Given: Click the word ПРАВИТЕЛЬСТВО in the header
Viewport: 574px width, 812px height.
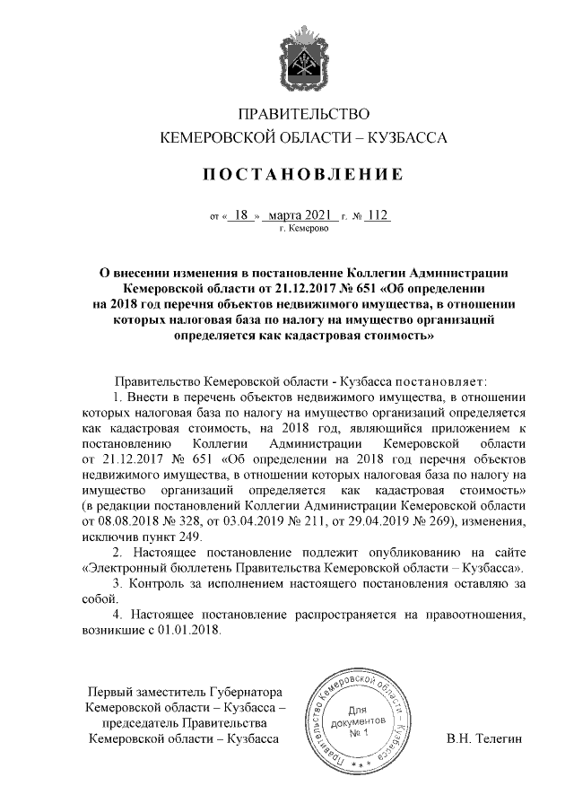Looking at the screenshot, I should pyautogui.click(x=302, y=114).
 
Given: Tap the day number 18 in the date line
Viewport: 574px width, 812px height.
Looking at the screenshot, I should pyautogui.click(x=239, y=215).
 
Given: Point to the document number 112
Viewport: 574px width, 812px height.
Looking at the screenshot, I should pyautogui.click(x=378, y=215).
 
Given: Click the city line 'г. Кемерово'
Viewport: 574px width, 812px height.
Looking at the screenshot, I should pyautogui.click(x=303, y=230).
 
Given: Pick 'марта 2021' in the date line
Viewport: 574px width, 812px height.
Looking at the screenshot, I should pyautogui.click(x=300, y=215).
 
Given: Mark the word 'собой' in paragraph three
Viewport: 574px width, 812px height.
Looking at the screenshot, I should pyautogui.click(x=100, y=600).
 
